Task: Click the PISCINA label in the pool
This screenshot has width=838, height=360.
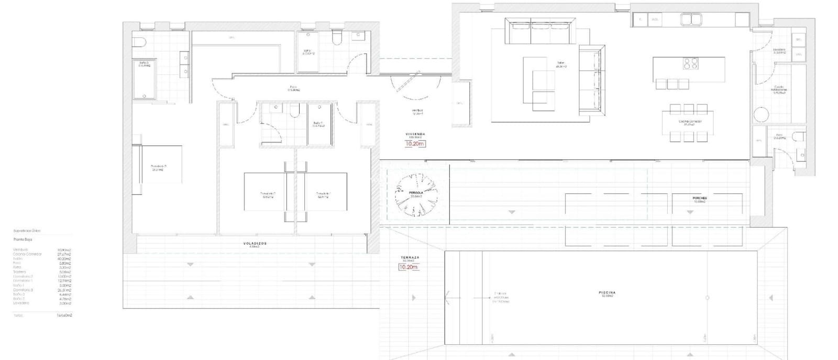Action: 608,293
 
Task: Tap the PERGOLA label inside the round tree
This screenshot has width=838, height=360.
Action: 416,193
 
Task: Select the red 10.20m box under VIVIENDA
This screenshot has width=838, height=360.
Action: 414,144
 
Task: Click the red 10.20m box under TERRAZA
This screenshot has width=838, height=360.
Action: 408,267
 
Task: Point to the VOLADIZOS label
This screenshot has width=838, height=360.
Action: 255,244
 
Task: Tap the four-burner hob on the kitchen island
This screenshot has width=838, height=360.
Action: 690,64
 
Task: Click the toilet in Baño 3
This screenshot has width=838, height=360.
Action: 139,42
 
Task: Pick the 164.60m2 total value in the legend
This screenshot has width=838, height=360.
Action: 64,315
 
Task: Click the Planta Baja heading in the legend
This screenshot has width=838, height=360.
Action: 23,239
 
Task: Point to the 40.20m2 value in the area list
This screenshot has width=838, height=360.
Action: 64,259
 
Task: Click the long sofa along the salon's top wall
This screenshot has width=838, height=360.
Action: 540,31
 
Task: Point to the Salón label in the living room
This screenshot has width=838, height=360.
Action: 560,64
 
